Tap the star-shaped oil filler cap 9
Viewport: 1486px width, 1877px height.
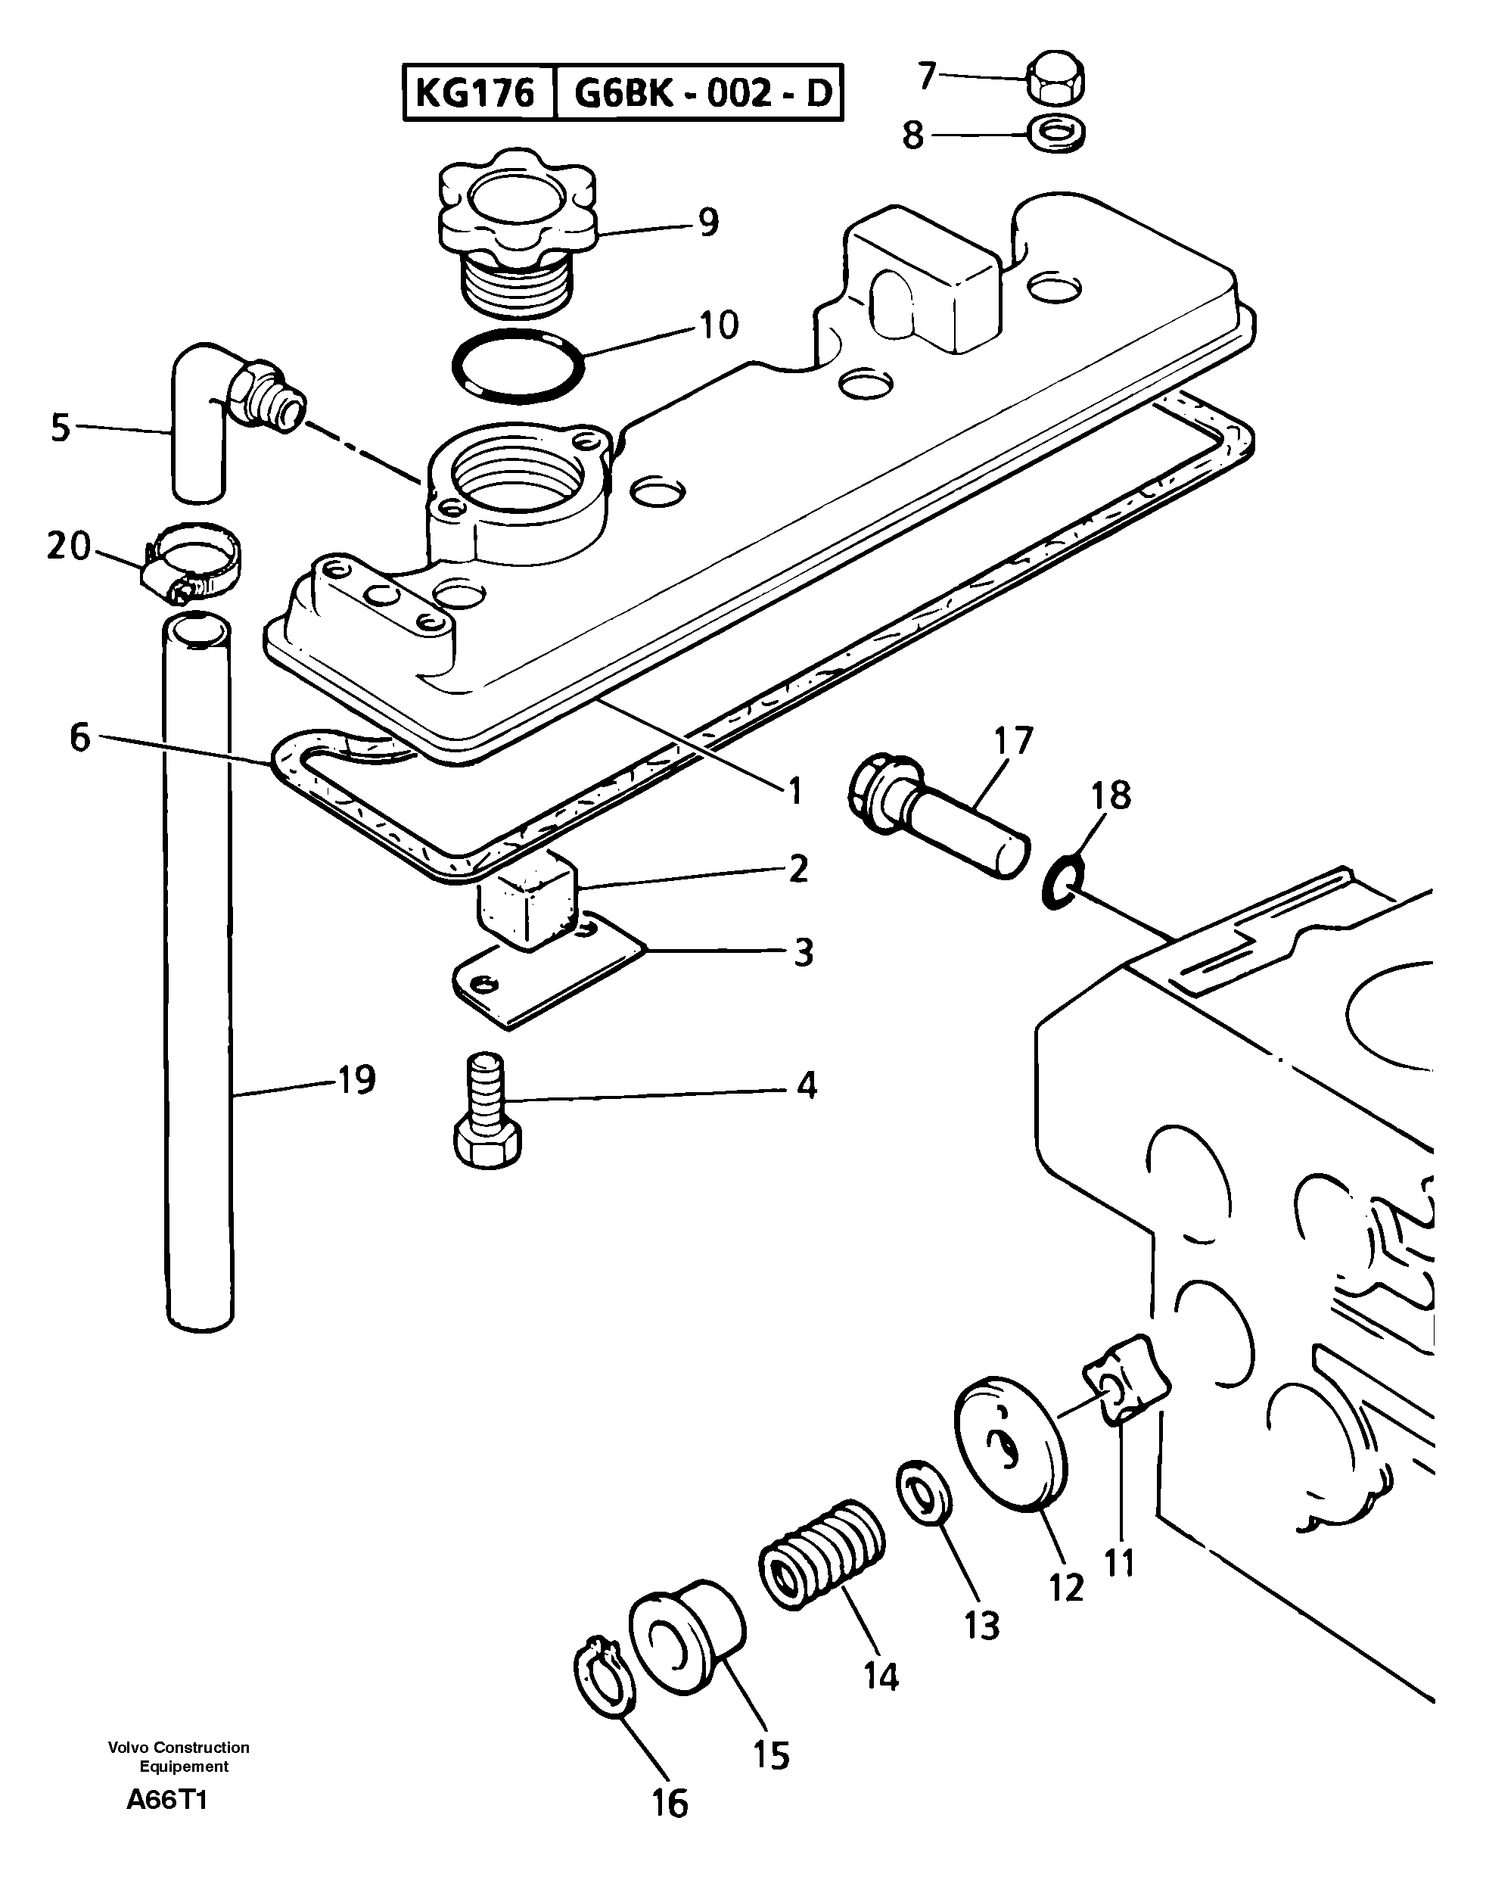517,209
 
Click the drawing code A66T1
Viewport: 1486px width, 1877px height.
167,1801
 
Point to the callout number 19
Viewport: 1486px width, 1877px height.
356,1081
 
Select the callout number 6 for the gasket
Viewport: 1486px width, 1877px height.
80,738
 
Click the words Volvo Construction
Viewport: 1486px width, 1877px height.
179,1748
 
